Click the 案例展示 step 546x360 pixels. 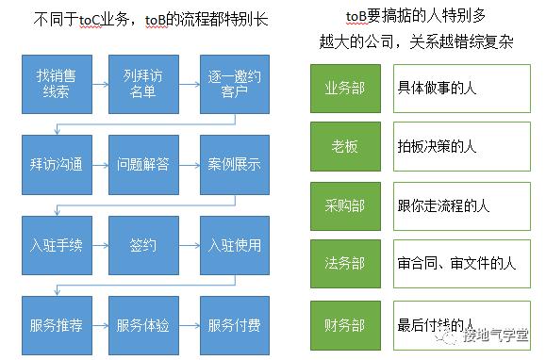tap(230, 163)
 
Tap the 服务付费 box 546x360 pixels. tap(230, 325)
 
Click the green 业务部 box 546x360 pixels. tap(344, 87)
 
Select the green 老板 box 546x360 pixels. tap(344, 146)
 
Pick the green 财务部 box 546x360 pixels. tap(344, 325)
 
